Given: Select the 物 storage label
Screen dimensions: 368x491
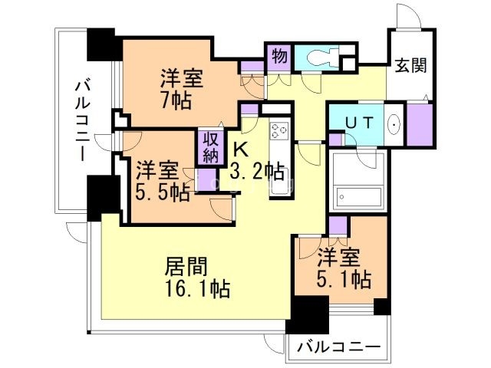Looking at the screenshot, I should click(279, 56).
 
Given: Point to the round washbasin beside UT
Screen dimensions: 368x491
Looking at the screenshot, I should click(393, 123).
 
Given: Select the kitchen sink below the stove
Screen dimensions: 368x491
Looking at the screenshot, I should click(280, 184).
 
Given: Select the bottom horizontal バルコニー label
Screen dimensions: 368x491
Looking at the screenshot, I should click(338, 347).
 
